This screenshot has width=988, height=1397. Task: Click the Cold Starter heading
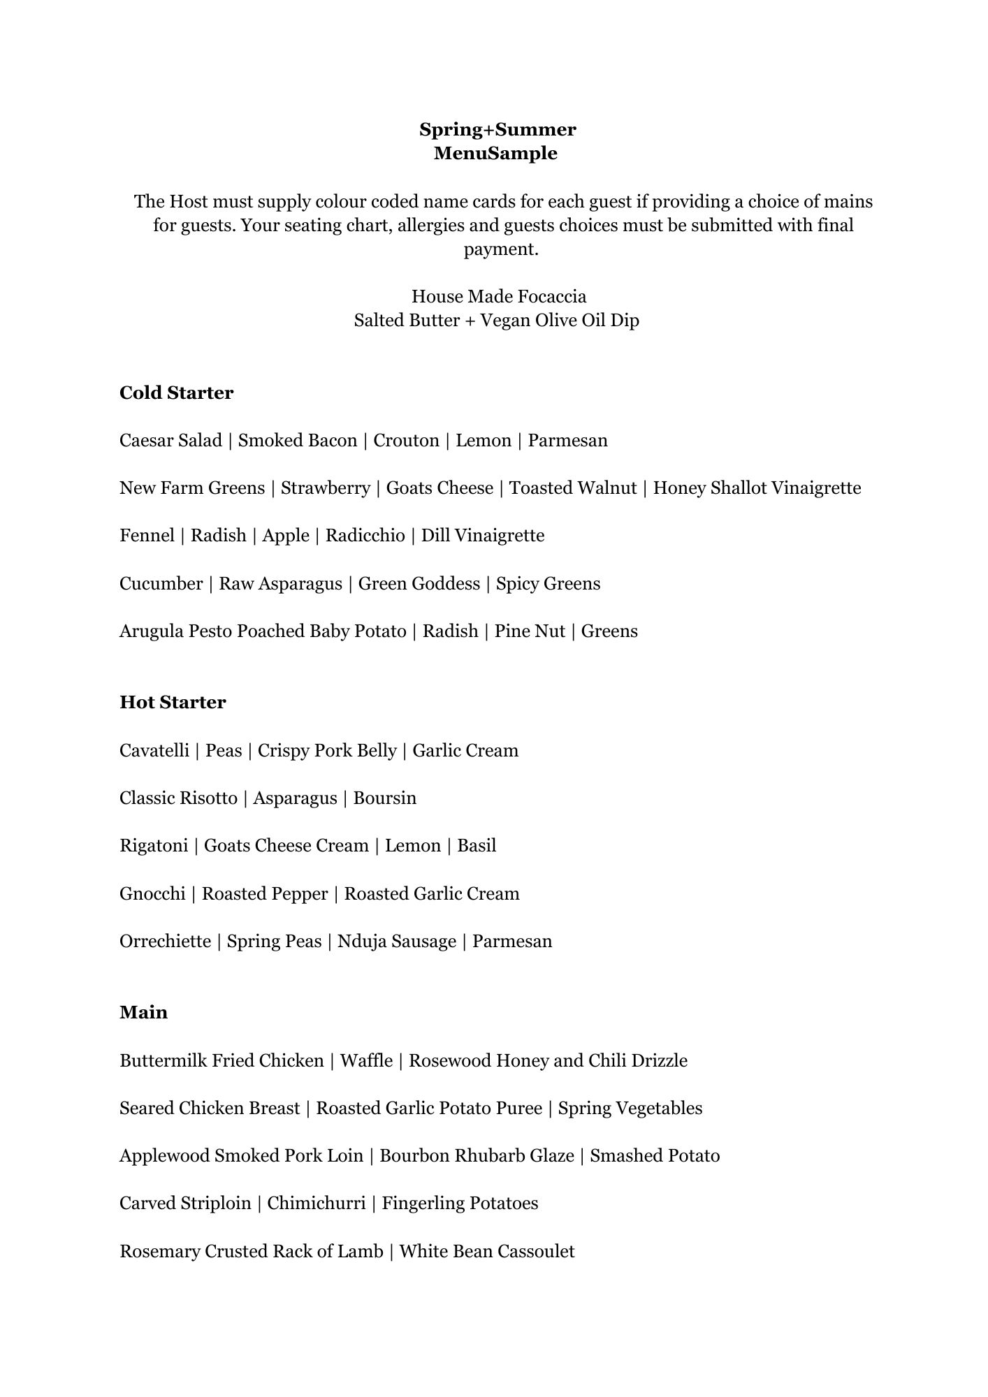176,393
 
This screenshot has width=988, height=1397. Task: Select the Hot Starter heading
173,702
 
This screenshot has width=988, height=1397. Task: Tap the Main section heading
143,1012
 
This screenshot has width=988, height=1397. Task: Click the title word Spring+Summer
497,129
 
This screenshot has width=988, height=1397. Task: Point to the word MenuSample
495,153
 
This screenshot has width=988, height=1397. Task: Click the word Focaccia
552,296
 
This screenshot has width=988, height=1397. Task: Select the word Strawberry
325,488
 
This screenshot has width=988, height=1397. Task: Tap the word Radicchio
365,535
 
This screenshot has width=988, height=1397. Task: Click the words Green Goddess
419,583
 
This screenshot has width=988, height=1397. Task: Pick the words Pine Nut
530,631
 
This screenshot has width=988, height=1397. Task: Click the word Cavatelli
154,750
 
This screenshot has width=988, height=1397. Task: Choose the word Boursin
384,798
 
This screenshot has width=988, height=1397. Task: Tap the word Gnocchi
152,893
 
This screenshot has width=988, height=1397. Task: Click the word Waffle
366,1060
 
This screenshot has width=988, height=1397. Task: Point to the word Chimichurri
316,1203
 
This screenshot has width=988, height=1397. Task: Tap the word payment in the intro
500,249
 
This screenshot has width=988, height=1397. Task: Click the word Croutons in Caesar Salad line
406,440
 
